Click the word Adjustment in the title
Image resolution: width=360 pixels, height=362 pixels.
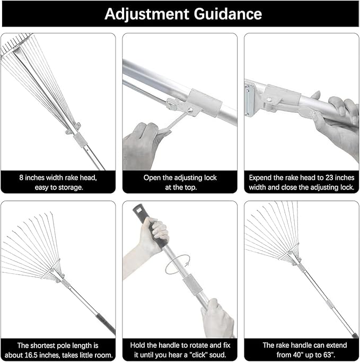coord(142,14)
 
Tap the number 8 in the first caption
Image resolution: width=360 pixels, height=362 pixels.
coord(21,178)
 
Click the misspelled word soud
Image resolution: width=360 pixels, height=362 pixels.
coord(218,355)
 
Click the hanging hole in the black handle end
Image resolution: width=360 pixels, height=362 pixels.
coord(139,208)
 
